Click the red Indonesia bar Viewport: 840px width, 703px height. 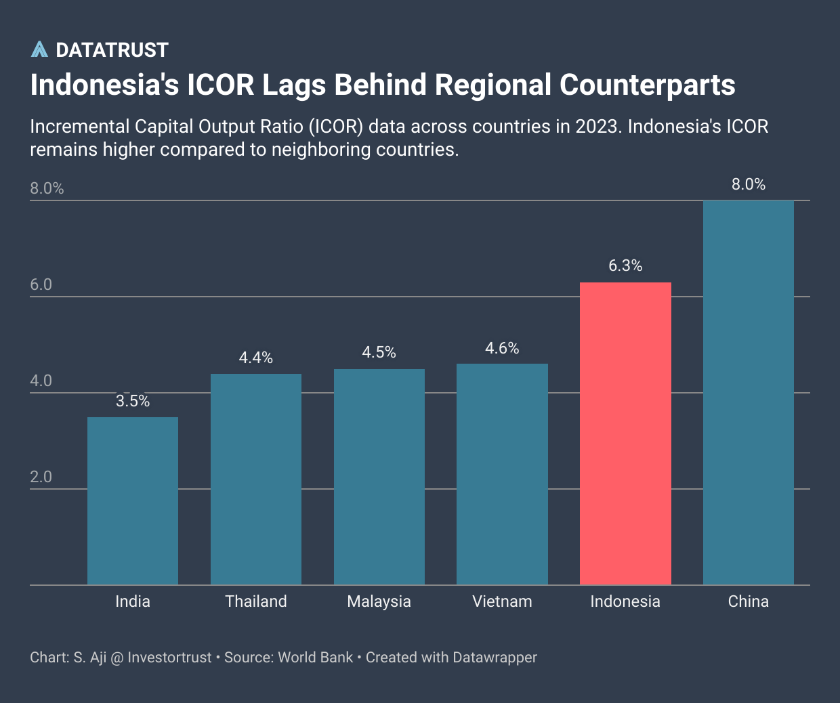pos(625,433)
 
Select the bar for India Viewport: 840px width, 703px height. pos(133,500)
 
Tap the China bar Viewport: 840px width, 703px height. pos(749,393)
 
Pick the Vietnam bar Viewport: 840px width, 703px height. pos(502,474)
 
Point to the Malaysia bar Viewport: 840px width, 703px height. pos(379,477)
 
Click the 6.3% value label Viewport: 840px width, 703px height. pos(625,265)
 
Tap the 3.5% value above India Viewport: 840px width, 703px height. pos(133,401)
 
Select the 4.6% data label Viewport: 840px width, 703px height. pos(502,348)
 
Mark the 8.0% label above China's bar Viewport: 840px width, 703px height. pos(749,184)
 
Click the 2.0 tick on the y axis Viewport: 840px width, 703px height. pos(41,477)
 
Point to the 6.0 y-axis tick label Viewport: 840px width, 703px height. pos(41,284)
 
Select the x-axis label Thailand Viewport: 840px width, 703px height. pos(256,601)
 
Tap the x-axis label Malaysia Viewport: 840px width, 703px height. pos(379,601)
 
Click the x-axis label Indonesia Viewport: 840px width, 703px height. pos(625,601)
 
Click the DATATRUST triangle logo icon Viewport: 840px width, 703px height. pos(39,49)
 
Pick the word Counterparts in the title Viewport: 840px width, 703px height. pos(647,85)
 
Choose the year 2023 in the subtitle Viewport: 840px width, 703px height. pos(597,127)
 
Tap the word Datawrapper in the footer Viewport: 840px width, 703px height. pos(495,658)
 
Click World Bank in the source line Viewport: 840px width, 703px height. pos(316,658)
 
